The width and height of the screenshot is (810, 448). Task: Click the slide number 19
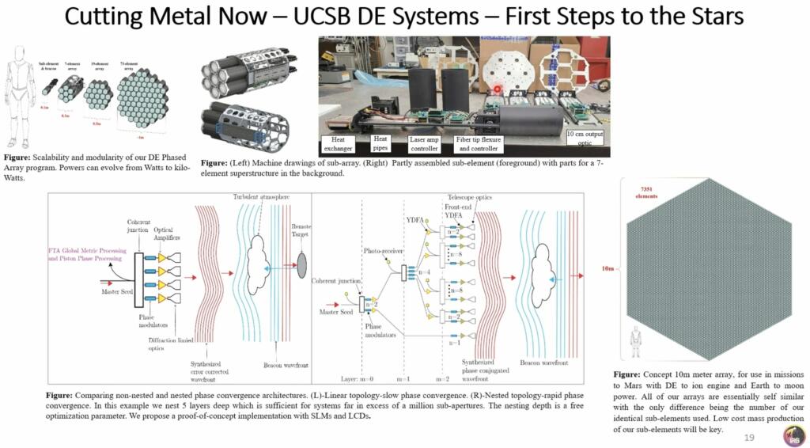(749, 438)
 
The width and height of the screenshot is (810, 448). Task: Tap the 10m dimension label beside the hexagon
(607, 269)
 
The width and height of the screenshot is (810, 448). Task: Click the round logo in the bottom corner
(793, 435)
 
